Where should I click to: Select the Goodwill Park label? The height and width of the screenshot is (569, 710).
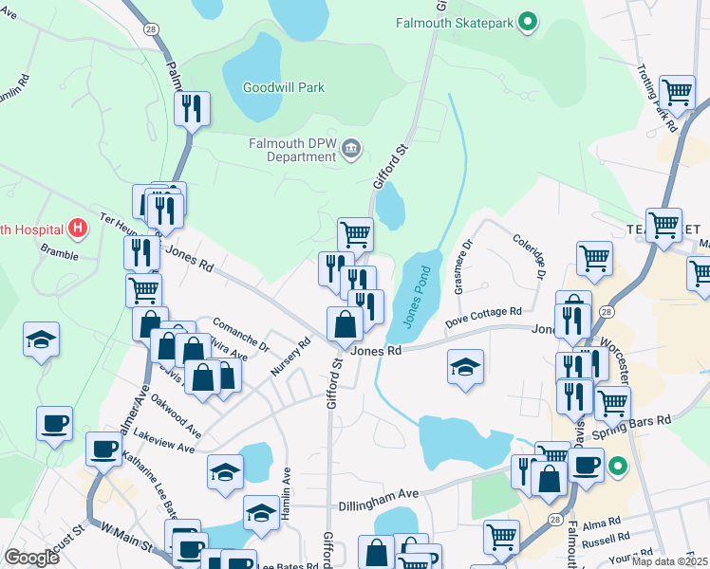pos(283,88)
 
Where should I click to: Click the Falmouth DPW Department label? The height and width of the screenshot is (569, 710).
pos(292,144)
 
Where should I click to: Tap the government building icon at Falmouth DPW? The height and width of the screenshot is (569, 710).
pos(351,147)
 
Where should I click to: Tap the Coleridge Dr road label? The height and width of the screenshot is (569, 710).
pos(530,258)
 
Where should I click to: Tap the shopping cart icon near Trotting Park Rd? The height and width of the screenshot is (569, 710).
pos(677,93)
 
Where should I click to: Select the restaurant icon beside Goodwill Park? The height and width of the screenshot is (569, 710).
pos(192,109)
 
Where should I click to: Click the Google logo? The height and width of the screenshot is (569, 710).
pos(31,558)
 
